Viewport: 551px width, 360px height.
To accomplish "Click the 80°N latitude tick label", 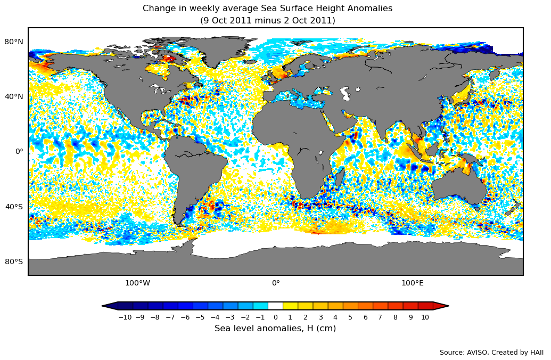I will (14, 42).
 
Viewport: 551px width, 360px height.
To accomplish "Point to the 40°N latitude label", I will (14, 96).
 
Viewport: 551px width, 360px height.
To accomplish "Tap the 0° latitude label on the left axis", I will (19, 151).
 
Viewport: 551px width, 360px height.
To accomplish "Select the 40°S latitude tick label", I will (14, 207).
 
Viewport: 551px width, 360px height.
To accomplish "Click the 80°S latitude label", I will (14, 261).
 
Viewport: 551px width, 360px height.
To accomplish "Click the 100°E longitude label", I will (412, 283).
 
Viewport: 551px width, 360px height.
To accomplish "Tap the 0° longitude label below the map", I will (276, 283).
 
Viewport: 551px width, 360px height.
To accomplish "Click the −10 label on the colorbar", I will (125, 317).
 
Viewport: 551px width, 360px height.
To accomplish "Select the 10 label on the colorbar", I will (425, 317).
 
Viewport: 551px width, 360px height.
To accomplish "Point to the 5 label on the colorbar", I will (350, 317).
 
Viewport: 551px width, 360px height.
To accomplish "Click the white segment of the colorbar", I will (275, 306).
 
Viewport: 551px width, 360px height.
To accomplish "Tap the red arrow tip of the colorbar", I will (441, 306).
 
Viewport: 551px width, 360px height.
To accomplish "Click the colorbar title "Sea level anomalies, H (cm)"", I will (275, 329).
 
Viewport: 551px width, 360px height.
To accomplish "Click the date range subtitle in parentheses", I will (267, 21).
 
